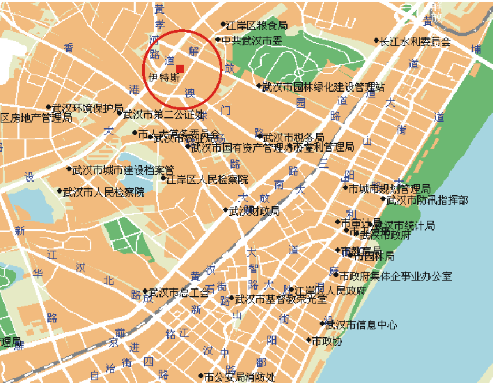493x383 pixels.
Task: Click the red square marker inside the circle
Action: point(180,68)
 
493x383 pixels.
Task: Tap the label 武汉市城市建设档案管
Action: point(123,169)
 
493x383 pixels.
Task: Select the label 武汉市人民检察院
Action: point(104,191)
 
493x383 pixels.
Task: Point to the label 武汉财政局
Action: point(254,210)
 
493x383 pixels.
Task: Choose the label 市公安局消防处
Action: point(240,377)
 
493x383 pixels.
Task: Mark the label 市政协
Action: point(327,341)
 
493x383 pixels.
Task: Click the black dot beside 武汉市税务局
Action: point(259,138)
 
